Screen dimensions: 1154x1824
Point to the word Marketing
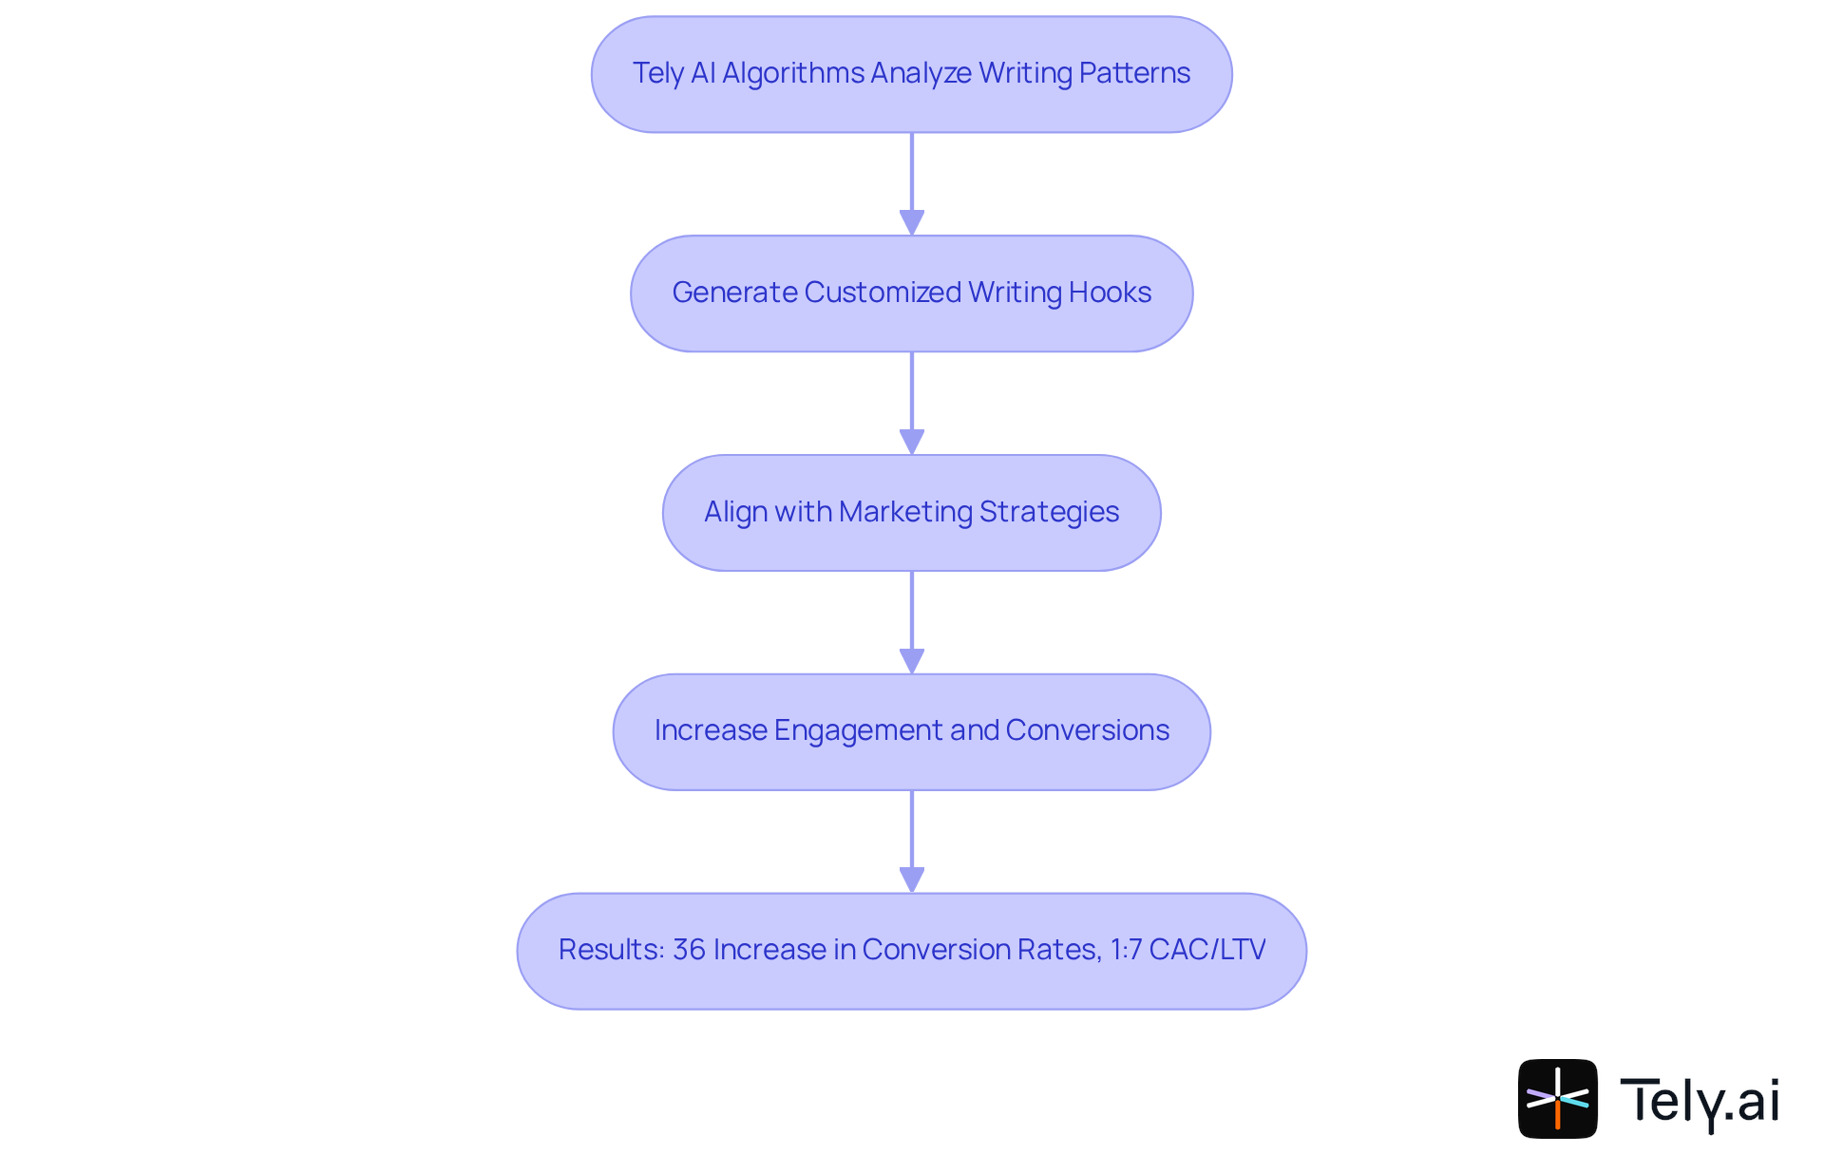[x=905, y=512]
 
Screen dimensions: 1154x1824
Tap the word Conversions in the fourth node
[x=1087, y=730]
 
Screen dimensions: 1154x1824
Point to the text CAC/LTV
[x=1207, y=950]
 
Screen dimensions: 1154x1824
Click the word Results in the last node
[x=610, y=950]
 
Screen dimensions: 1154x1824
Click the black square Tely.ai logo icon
[x=1557, y=1099]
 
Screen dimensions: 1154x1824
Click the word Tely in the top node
[x=657, y=73]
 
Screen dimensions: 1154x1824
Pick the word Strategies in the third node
[x=1049, y=512]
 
